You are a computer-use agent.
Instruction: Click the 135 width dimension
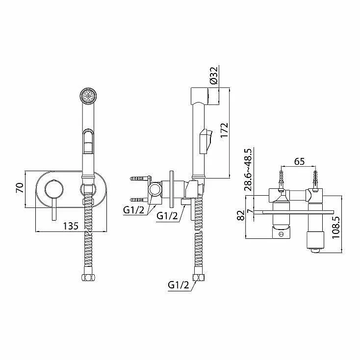71,226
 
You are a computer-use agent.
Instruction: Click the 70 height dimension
20,188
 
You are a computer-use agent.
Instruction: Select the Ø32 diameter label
213,76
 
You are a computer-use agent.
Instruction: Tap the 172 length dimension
224,130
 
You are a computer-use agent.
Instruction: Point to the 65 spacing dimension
299,161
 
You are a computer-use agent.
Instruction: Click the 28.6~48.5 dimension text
248,170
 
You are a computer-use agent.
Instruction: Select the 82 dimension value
241,216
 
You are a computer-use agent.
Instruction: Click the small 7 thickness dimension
250,210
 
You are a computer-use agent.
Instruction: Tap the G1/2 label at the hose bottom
179,285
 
